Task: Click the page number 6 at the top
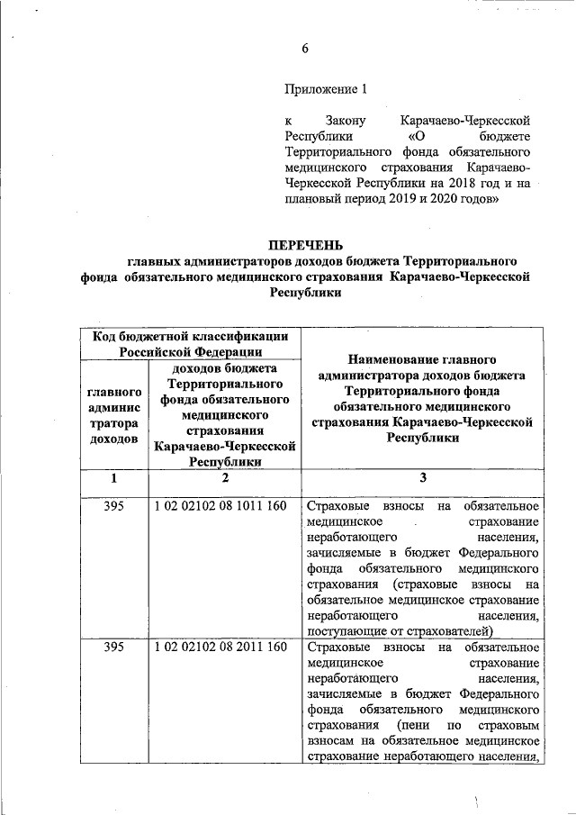click(x=305, y=49)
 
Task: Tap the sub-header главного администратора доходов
click(x=113, y=415)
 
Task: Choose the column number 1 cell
click(x=113, y=478)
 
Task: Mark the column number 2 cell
click(x=225, y=478)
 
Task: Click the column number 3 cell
click(x=423, y=478)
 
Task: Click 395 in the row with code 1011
click(x=113, y=506)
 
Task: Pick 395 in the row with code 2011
click(x=113, y=647)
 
